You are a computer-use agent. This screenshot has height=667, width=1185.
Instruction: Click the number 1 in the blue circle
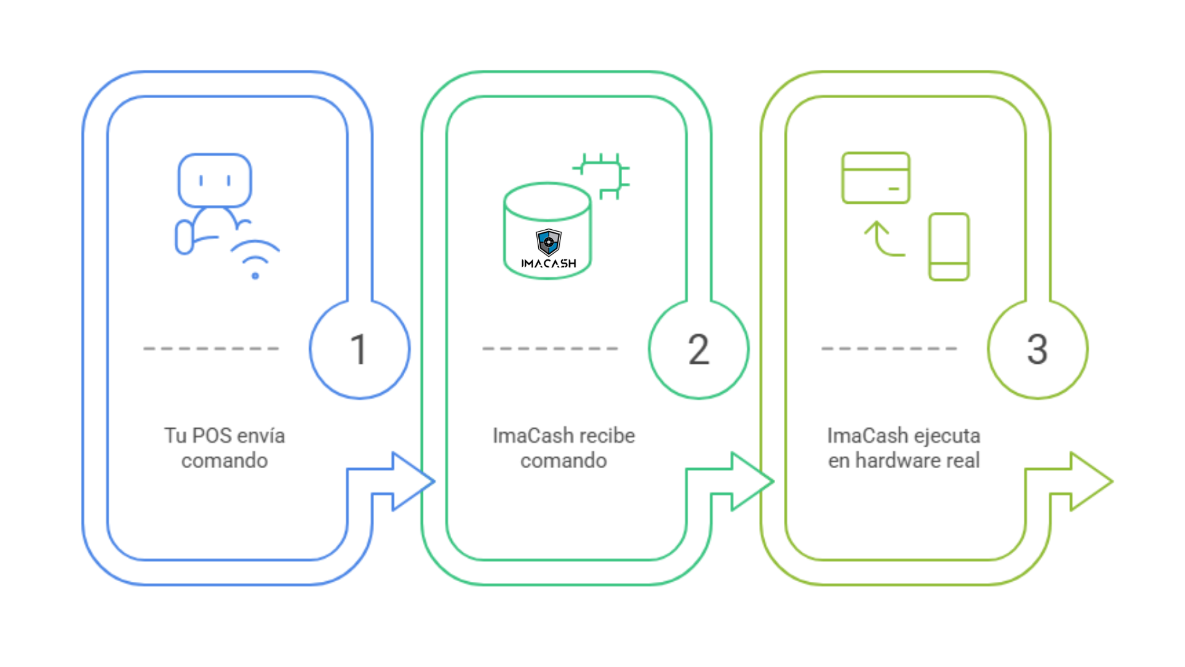pyautogui.click(x=359, y=350)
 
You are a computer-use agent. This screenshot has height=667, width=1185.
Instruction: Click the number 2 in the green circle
pyautogui.click(x=698, y=350)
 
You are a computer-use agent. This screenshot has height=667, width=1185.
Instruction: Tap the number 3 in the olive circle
pyautogui.click(x=1037, y=350)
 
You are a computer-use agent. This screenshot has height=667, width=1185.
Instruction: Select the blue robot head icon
pyautogui.click(x=214, y=180)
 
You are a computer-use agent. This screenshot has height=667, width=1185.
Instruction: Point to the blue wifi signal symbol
pyautogui.click(x=255, y=260)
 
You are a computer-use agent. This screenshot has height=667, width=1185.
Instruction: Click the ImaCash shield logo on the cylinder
pyautogui.click(x=548, y=241)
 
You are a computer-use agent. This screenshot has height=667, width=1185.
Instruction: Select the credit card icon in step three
pyautogui.click(x=875, y=178)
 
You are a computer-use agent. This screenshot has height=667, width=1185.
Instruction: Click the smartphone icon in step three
pyautogui.click(x=949, y=246)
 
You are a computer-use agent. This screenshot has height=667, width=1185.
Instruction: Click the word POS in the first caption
pyautogui.click(x=212, y=435)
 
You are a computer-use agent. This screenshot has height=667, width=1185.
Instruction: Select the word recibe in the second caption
pyautogui.click(x=607, y=435)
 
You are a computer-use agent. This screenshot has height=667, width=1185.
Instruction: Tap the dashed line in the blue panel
pyautogui.click(x=211, y=349)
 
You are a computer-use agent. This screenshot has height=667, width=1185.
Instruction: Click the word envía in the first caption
pyautogui.click(x=260, y=435)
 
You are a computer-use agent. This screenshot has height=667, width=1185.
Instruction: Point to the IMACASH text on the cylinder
pyautogui.click(x=548, y=264)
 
